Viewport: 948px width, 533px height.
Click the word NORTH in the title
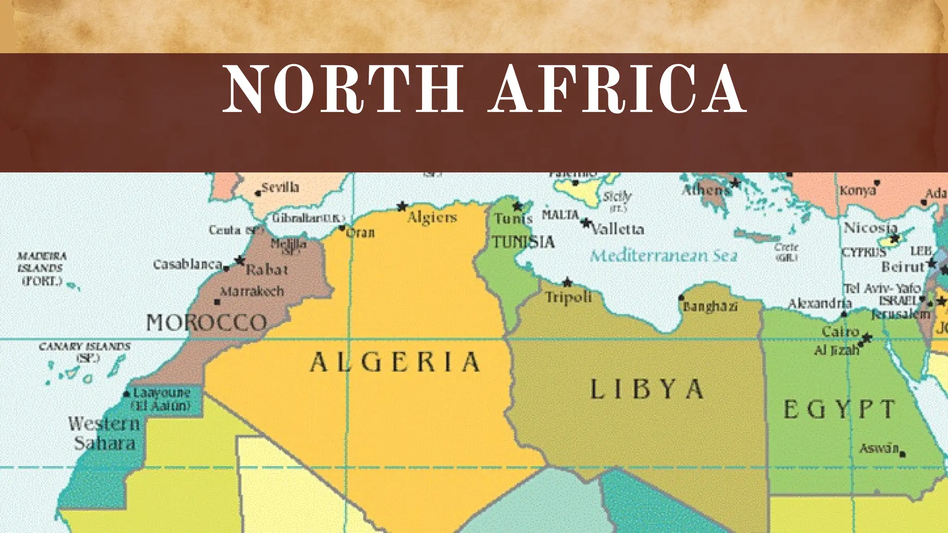pyautogui.click(x=343, y=89)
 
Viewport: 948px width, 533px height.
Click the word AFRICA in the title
pyautogui.click(x=617, y=89)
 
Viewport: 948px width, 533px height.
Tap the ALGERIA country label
pyautogui.click(x=395, y=362)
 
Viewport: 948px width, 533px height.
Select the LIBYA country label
pyautogui.click(x=647, y=389)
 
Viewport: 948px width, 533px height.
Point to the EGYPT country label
pyautogui.click(x=839, y=409)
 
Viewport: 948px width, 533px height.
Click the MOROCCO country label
pyautogui.click(x=206, y=322)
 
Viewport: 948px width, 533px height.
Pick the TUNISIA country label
pyautogui.click(x=523, y=242)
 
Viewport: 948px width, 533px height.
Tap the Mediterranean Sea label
pyautogui.click(x=663, y=256)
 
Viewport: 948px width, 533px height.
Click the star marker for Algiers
pyautogui.click(x=402, y=206)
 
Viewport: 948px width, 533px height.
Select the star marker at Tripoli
pyautogui.click(x=568, y=282)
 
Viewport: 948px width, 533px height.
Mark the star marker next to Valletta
pyautogui.click(x=586, y=223)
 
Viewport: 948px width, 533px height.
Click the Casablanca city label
pyautogui.click(x=187, y=265)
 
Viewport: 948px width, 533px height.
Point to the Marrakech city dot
pyautogui.click(x=217, y=302)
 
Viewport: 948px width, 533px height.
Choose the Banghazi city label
pyautogui.click(x=710, y=307)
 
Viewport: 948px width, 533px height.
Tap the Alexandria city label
pyautogui.click(x=820, y=304)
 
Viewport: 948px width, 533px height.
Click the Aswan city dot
pyautogui.click(x=903, y=455)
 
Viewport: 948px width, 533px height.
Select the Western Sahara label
pyautogui.click(x=104, y=433)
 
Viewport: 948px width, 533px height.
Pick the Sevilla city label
pyautogui.click(x=281, y=187)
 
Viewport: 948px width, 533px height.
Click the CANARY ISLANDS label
pyautogui.click(x=85, y=347)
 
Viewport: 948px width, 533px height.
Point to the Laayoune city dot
pyautogui.click(x=126, y=394)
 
